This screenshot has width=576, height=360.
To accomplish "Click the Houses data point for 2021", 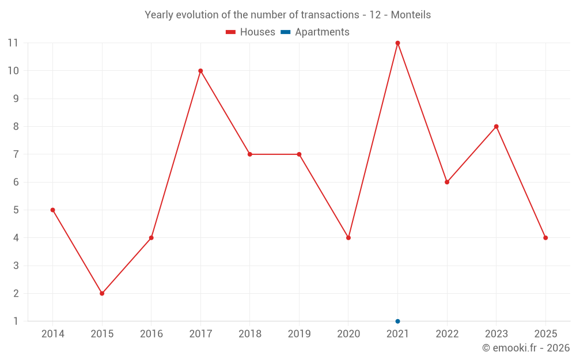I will [x=397, y=43].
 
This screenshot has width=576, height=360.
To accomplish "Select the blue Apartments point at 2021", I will [x=397, y=321].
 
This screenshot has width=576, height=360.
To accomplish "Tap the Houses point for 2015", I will [x=102, y=293].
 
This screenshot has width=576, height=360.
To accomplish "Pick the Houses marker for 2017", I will [x=200, y=71].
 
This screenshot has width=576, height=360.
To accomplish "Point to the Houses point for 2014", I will [x=52, y=210].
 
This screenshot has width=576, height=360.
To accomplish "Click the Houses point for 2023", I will [x=496, y=126].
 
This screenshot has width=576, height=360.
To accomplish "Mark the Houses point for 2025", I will [x=545, y=237].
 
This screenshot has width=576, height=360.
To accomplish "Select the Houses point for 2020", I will [x=348, y=237].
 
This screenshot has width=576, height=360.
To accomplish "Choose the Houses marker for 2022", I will [x=447, y=182].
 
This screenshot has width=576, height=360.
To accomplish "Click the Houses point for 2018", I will [x=250, y=154].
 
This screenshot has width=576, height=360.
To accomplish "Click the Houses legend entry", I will [x=251, y=32].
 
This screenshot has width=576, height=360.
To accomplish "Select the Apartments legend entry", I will [x=315, y=32].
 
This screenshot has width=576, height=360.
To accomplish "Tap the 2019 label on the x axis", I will [x=299, y=334].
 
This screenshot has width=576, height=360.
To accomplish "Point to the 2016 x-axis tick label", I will [x=151, y=334].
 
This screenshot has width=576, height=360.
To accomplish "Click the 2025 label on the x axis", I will [x=545, y=334].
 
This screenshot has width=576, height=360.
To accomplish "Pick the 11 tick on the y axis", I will [x=13, y=43].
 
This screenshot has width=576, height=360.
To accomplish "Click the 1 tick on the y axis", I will [x=15, y=321].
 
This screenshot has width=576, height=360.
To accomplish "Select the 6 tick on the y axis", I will [x=15, y=182].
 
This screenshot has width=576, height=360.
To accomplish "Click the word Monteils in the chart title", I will [x=411, y=15].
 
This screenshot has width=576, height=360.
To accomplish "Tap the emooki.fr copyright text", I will [x=526, y=348].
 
